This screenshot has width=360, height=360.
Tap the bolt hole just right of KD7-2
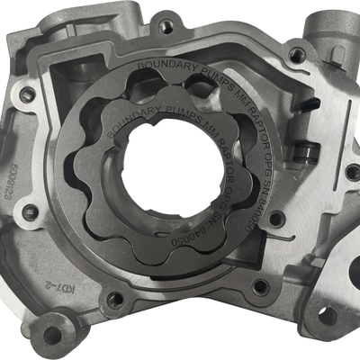(x=114, y=298)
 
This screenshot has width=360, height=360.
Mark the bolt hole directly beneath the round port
(x=296, y=55)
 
